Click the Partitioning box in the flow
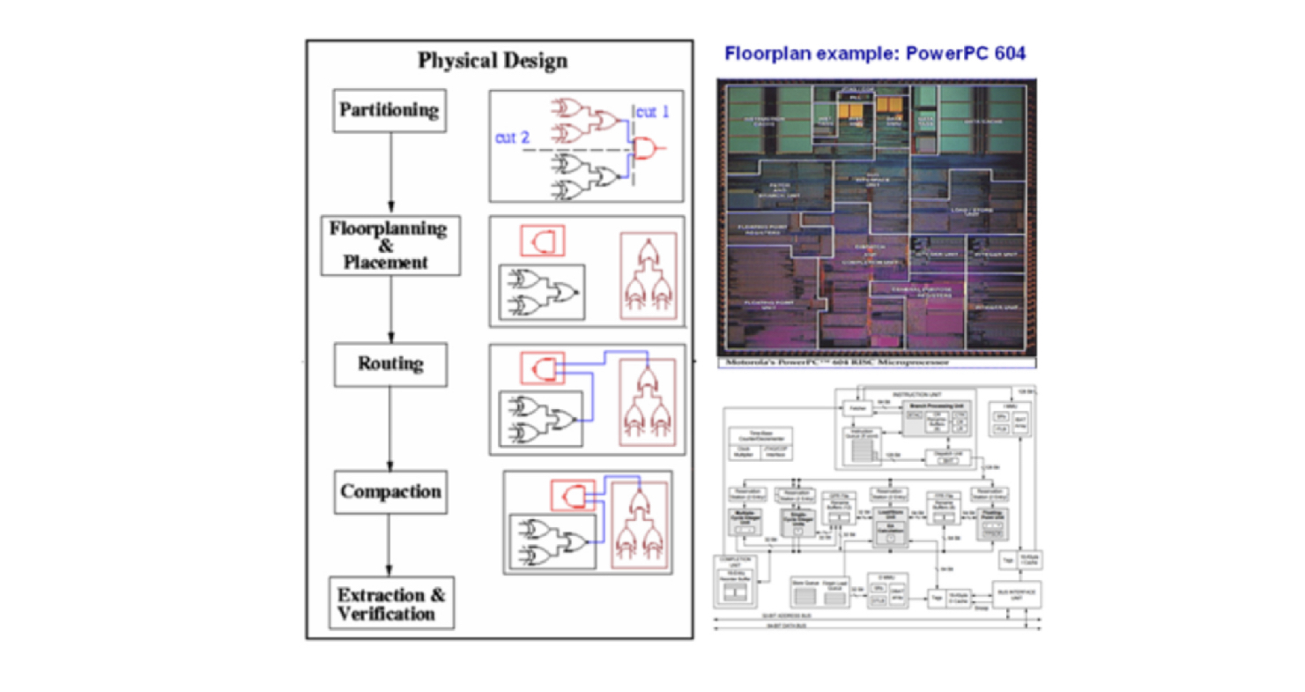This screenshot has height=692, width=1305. [389, 110]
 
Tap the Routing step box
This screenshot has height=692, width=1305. [390, 364]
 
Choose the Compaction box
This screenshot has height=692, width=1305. [390, 491]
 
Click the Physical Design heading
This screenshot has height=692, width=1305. [492, 61]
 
